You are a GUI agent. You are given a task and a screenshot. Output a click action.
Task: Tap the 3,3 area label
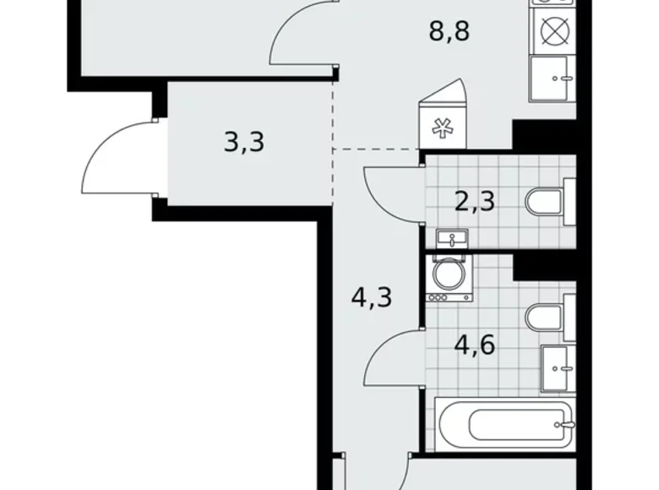coord(244,141)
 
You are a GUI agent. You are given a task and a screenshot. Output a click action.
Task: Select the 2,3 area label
coord(475,201)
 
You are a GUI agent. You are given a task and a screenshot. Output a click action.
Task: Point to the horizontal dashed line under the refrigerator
coord(377,150)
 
